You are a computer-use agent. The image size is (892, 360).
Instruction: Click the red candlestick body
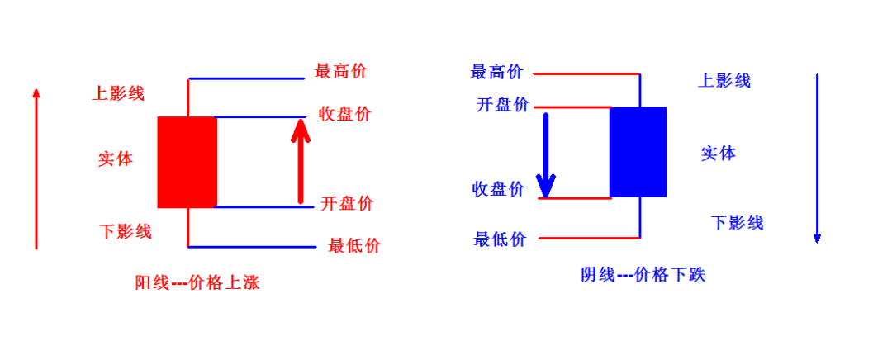tap(187, 162)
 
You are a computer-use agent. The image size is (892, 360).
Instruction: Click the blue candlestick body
tap(638, 152)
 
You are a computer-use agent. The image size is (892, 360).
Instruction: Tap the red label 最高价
tap(341, 72)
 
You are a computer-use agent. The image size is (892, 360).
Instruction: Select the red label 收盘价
tap(344, 114)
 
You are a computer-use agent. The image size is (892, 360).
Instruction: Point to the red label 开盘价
tap(347, 203)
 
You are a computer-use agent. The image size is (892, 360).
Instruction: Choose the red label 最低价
tap(354, 246)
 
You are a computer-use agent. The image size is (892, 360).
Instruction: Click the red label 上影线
tap(118, 92)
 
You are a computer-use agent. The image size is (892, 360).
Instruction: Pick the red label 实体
tap(116, 159)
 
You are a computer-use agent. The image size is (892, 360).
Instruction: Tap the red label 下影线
tap(126, 231)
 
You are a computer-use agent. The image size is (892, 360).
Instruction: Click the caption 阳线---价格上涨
tap(197, 282)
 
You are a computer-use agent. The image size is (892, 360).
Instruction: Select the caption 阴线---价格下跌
tap(643, 275)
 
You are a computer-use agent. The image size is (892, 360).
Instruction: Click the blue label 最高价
tap(496, 72)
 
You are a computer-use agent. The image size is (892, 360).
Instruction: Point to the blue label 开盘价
tap(503, 105)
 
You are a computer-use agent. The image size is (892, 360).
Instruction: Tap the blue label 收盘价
tap(498, 189)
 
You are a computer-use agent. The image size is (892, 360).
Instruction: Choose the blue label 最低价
tap(500, 239)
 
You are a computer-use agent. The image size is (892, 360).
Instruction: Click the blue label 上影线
tap(724, 80)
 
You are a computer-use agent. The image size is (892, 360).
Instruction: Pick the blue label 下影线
tap(738, 222)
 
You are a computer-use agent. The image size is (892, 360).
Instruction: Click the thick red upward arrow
tap(301, 161)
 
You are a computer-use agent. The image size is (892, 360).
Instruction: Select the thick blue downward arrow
tap(546, 155)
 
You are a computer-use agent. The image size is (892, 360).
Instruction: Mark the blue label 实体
tap(719, 153)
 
